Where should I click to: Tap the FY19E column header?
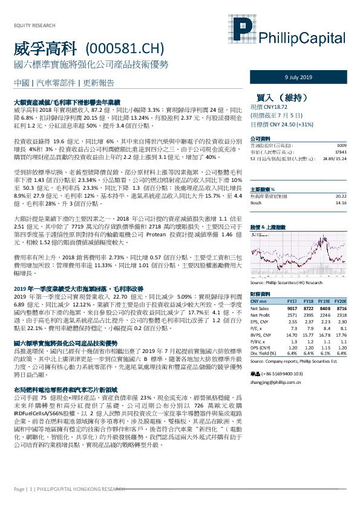[x=325, y=300]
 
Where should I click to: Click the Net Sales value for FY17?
[x=292, y=308]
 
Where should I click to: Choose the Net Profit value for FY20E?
[x=341, y=315]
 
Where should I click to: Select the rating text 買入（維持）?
[x=281, y=96]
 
